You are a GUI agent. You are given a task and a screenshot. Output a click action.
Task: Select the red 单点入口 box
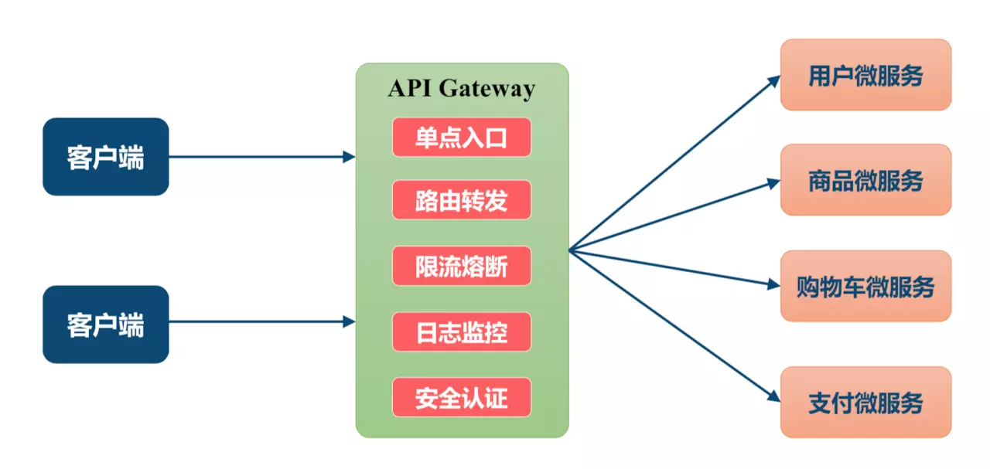(462, 138)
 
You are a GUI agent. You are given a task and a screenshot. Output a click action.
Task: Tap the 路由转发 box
(462, 201)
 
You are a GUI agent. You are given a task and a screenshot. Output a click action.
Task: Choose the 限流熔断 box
(462, 267)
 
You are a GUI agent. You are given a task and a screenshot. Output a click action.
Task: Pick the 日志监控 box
(462, 332)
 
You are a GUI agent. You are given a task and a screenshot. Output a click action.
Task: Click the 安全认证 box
(462, 397)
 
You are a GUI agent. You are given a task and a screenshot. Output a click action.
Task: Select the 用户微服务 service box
(865, 75)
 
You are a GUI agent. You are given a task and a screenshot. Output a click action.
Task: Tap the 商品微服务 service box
(865, 180)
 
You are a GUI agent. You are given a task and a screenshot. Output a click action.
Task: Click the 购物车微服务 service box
(865, 286)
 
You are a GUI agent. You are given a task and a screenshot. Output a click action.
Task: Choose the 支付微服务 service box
(865, 402)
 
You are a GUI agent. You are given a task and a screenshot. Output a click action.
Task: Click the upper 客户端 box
(106, 157)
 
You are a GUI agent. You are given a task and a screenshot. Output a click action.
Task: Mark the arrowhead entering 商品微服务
(774, 183)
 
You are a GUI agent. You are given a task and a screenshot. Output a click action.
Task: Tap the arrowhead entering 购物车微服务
(774, 284)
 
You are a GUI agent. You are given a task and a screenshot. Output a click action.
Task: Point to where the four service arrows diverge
(571, 250)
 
